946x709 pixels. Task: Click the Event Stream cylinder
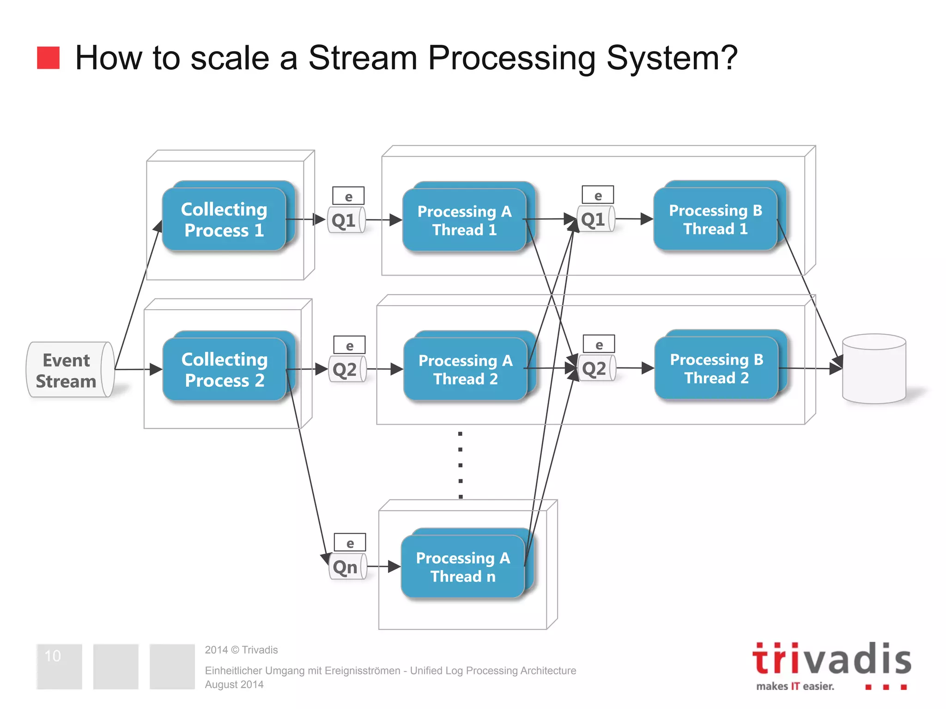pos(69,370)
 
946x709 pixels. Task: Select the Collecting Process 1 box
pos(224,220)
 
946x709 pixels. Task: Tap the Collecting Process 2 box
pos(224,370)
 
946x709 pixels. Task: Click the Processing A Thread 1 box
pos(464,221)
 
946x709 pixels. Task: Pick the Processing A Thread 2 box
pos(465,370)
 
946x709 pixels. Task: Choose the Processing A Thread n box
pos(463,567)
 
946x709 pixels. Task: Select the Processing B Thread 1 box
pos(715,220)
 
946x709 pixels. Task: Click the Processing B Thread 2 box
pos(716,369)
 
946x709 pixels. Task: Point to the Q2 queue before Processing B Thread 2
pos(596,368)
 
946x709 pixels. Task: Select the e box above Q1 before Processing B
pos(598,195)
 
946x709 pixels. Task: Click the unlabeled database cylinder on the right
pos(874,369)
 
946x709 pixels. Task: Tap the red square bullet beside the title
pos(48,58)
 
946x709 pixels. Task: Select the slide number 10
pos(53,656)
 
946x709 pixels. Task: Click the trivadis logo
pos(831,665)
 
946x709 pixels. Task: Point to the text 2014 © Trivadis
pos(241,650)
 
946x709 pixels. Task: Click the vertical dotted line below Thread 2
pos(460,465)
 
